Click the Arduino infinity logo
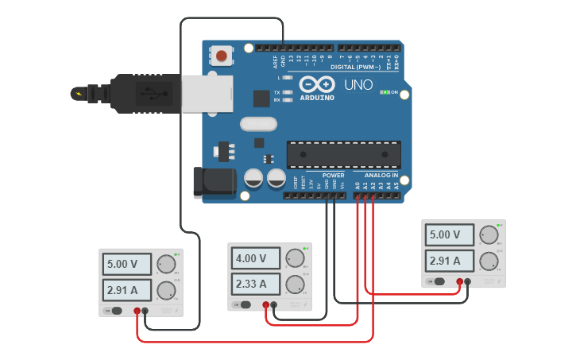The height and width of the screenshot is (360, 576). [316, 84]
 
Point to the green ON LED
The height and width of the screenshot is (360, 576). [385, 92]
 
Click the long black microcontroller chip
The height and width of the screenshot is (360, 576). [343, 153]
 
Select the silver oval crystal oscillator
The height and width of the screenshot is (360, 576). [258, 124]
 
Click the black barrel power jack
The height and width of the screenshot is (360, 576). [215, 182]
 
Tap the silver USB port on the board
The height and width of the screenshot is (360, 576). [207, 93]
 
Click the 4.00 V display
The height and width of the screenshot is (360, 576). [257, 258]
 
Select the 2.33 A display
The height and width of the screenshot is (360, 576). [257, 284]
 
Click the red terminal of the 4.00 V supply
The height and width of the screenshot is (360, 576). [265, 304]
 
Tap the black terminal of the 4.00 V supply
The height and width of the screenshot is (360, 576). [274, 304]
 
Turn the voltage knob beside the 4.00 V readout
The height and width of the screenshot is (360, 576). [295, 258]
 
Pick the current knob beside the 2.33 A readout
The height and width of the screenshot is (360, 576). [295, 284]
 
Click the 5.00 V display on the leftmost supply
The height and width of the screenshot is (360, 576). [126, 264]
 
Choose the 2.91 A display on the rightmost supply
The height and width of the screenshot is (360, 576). [450, 260]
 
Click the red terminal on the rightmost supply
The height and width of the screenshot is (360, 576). [459, 281]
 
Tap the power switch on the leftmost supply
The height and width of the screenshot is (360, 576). [115, 311]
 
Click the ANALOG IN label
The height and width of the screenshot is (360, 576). [381, 175]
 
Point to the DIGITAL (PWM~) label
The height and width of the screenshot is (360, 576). [354, 67]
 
